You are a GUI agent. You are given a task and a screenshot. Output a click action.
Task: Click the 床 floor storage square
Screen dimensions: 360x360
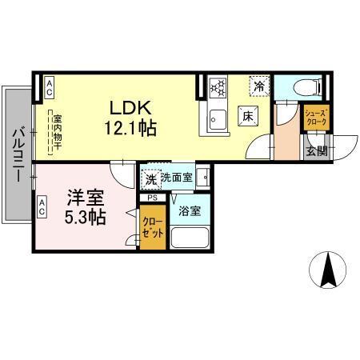249,117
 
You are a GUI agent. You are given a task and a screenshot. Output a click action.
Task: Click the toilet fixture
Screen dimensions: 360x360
308,86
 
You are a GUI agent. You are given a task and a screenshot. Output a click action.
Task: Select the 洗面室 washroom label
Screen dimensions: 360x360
177,178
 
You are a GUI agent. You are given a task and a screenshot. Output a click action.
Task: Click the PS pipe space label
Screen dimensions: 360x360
152,198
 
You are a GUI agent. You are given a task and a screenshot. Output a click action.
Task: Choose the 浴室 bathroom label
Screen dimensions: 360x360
190,212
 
